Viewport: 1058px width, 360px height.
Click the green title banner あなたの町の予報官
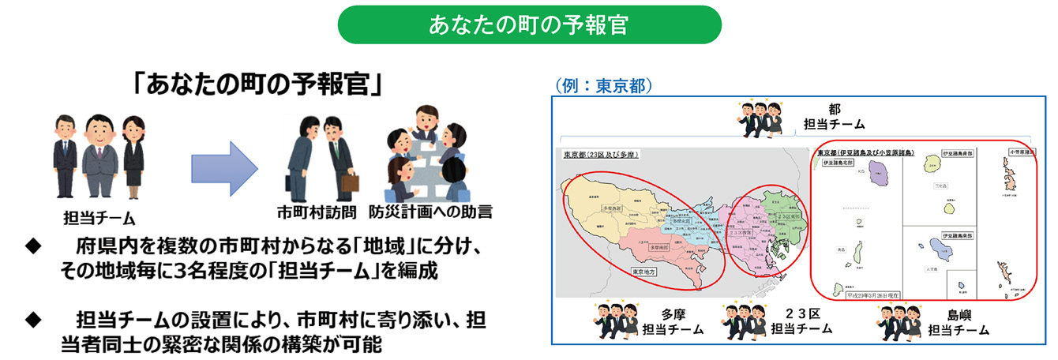[529, 24]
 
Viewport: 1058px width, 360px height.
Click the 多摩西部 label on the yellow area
[613, 208]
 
